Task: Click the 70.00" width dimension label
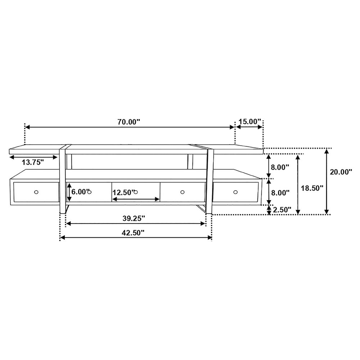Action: pos(129,122)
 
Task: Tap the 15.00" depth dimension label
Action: pos(250,121)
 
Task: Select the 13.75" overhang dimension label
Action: pos(33,162)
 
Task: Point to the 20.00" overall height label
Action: pos(341,172)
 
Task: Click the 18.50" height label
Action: pos(312,188)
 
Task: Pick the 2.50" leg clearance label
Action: pos(282,210)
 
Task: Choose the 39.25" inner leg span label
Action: pos(134,218)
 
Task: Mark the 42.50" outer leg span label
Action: pos(133,233)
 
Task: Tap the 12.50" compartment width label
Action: pos(123,192)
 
